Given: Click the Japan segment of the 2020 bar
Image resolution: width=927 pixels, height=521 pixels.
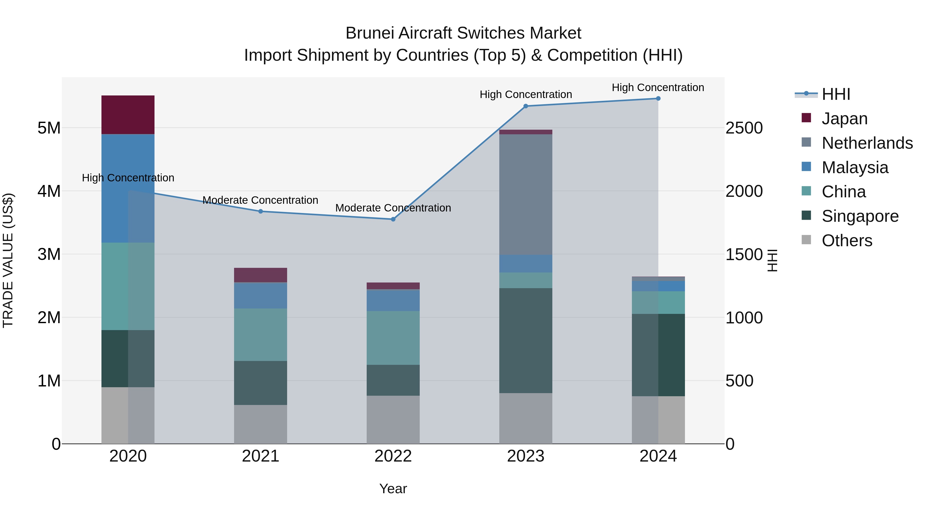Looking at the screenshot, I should click(128, 115).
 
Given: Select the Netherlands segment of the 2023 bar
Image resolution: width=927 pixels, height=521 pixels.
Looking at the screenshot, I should click(525, 194).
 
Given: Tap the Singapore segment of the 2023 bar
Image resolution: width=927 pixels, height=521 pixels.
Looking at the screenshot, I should click(525, 340).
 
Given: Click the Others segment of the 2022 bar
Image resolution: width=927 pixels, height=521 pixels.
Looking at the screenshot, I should click(393, 419).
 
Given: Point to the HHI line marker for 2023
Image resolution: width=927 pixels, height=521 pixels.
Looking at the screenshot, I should click(525, 106).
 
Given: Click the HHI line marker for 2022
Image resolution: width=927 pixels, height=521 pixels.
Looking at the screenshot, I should click(393, 219).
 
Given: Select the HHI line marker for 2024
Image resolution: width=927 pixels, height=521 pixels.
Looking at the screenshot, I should click(658, 98).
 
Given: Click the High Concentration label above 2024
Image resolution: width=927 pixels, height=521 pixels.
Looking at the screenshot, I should click(658, 87).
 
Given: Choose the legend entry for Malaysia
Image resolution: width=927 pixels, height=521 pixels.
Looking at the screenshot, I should click(855, 167).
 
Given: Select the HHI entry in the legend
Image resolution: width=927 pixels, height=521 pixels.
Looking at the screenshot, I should click(836, 94).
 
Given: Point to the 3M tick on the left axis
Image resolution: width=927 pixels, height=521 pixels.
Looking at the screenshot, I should click(49, 254).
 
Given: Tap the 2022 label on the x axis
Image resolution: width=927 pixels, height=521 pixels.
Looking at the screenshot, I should click(393, 456).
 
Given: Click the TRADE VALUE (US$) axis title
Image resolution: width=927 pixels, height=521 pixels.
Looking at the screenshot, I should click(8, 260).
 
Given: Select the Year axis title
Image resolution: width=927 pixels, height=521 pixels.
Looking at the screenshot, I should click(393, 489).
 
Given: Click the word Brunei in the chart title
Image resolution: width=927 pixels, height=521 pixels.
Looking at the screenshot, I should click(370, 33).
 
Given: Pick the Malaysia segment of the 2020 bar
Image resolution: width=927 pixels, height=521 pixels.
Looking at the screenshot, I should click(128, 188).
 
